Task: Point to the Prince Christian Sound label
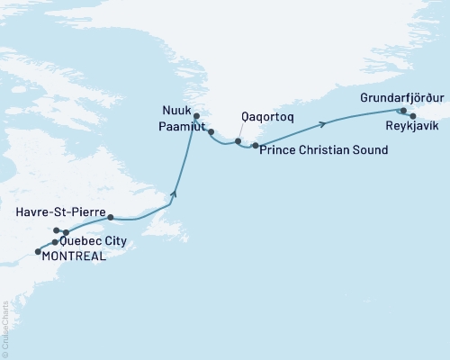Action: pos(323,149)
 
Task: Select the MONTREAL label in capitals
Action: pos(71,256)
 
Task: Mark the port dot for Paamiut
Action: pos(210,132)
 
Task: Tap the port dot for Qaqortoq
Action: pos(238,141)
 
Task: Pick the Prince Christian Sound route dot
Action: pos(256,146)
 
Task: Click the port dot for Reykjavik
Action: pos(412,116)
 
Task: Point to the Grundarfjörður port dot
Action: pos(402,111)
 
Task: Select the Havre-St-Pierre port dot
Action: pos(110,218)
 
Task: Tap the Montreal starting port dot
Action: pos(37,251)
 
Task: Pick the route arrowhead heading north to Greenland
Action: pos(175,193)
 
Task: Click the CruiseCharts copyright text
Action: pos(5,328)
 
